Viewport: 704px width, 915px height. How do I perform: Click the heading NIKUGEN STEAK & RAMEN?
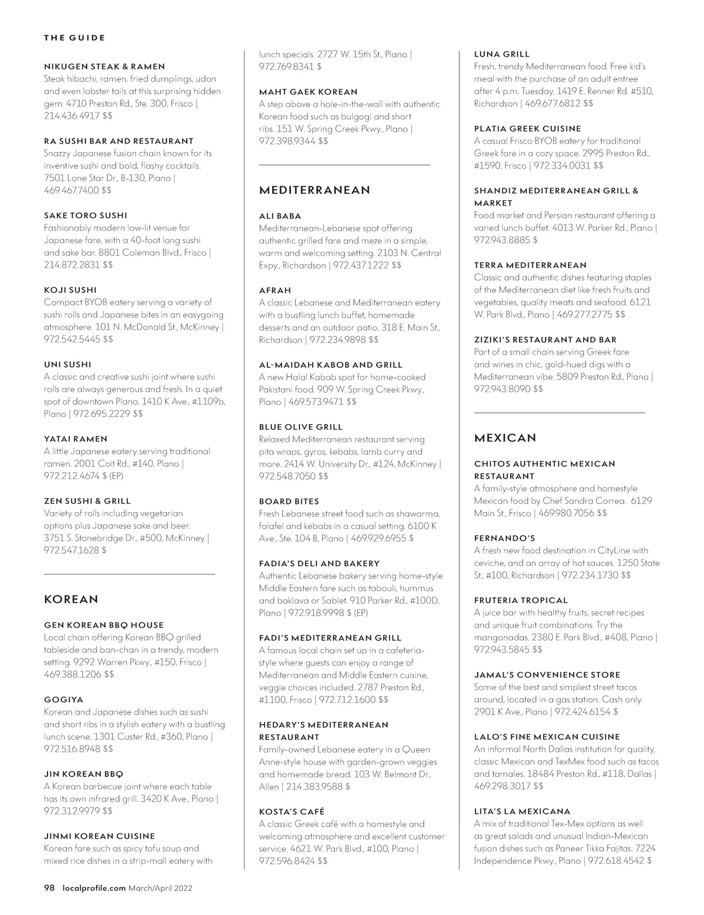(x=104, y=67)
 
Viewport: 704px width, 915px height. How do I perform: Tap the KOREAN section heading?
(x=71, y=600)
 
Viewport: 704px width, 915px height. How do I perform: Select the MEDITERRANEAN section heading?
(x=314, y=190)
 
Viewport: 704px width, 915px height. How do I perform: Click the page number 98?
(x=49, y=888)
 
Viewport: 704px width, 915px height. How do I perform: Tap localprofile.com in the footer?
(x=94, y=888)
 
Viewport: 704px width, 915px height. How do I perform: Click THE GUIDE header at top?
(x=75, y=38)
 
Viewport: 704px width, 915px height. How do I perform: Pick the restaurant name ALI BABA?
(x=280, y=216)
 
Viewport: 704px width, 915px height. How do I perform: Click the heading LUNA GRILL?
(x=502, y=54)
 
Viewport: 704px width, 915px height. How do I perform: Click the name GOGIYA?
(x=63, y=700)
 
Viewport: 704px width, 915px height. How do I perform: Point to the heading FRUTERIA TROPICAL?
(x=521, y=600)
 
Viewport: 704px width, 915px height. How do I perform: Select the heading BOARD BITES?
(x=289, y=502)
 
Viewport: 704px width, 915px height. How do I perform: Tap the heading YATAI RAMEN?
(x=76, y=439)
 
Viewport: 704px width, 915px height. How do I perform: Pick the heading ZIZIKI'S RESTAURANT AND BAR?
(x=545, y=340)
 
